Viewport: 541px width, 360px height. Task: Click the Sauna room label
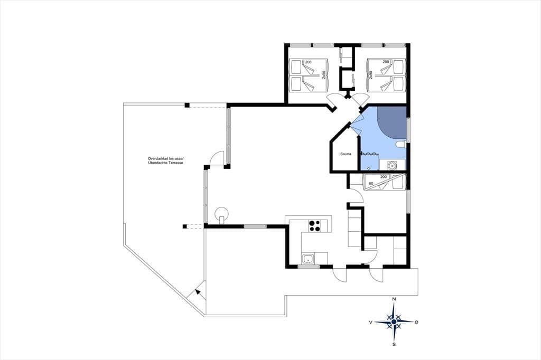tap(346, 154)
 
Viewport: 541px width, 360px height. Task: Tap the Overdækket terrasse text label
tap(165, 158)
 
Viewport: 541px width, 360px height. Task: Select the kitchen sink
tap(308, 258)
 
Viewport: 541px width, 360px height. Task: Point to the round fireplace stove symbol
tap(221, 214)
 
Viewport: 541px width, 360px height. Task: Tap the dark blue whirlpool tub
tap(392, 121)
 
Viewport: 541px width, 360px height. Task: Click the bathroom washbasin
tap(392, 165)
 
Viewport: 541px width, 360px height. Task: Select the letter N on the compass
tap(394, 299)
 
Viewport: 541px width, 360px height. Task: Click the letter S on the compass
tap(394, 344)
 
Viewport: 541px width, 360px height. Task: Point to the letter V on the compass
tap(370, 322)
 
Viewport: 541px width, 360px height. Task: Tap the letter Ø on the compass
tap(416, 322)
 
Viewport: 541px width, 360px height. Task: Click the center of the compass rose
tap(394, 321)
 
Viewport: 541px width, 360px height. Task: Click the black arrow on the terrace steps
tap(198, 292)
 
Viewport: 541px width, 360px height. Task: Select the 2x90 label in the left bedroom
tap(324, 75)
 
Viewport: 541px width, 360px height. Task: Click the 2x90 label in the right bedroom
tap(370, 75)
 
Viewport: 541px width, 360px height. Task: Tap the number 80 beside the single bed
tap(371, 184)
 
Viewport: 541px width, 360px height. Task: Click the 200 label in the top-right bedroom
tap(386, 62)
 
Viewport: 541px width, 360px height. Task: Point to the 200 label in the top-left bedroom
tap(308, 62)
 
